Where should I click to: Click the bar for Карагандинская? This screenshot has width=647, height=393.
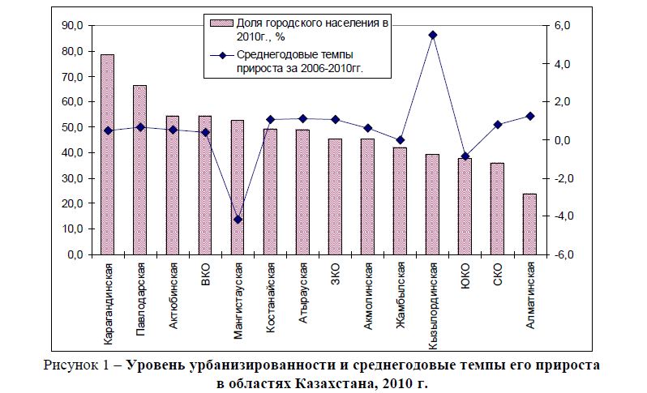(107, 155)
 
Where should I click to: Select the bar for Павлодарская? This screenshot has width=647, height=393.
(139, 170)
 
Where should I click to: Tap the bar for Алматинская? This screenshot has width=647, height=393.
(529, 224)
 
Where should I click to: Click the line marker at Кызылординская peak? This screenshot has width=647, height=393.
(432, 35)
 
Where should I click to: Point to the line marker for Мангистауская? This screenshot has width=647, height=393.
(238, 220)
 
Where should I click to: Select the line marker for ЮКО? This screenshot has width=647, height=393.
(465, 156)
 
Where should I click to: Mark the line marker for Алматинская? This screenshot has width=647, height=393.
(529, 116)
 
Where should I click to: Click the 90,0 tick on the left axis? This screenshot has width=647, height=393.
(72, 26)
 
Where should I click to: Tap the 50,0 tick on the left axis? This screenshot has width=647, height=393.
(72, 127)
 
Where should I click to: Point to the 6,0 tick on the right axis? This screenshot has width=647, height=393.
(563, 26)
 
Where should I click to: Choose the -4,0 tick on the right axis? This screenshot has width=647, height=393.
(561, 216)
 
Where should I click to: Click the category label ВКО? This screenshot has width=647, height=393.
(205, 272)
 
